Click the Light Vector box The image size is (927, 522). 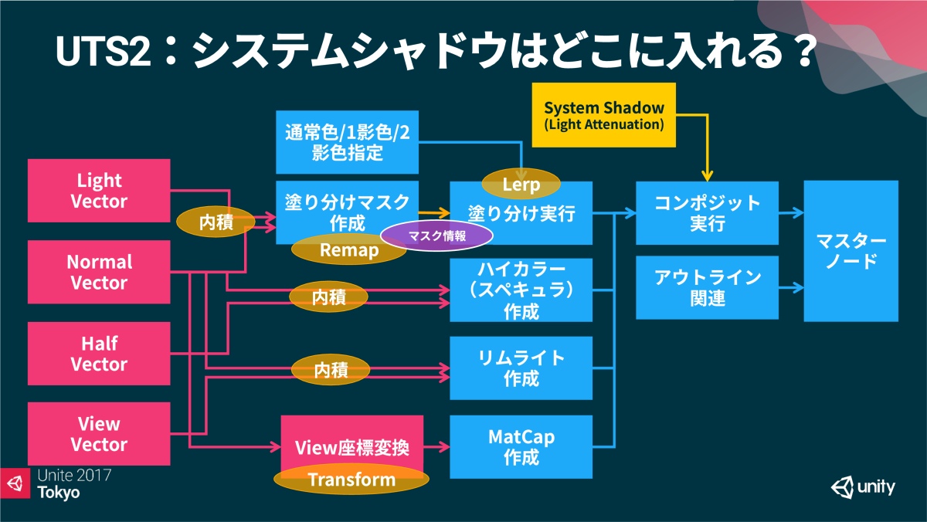99,191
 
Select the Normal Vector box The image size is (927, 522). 99,272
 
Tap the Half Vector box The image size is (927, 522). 99,353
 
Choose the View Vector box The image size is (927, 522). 99,433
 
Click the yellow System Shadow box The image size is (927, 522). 603,114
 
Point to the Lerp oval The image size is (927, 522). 521,185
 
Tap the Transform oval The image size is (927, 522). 351,480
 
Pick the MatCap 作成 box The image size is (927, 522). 521,447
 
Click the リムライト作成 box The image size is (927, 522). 521,368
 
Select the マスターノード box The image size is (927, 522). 851,251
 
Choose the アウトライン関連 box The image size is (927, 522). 707,287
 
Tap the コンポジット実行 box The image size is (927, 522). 707,213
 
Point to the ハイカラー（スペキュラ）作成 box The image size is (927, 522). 521,290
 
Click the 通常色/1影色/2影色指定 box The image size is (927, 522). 347,141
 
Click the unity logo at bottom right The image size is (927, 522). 864,487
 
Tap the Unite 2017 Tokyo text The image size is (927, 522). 73,483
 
